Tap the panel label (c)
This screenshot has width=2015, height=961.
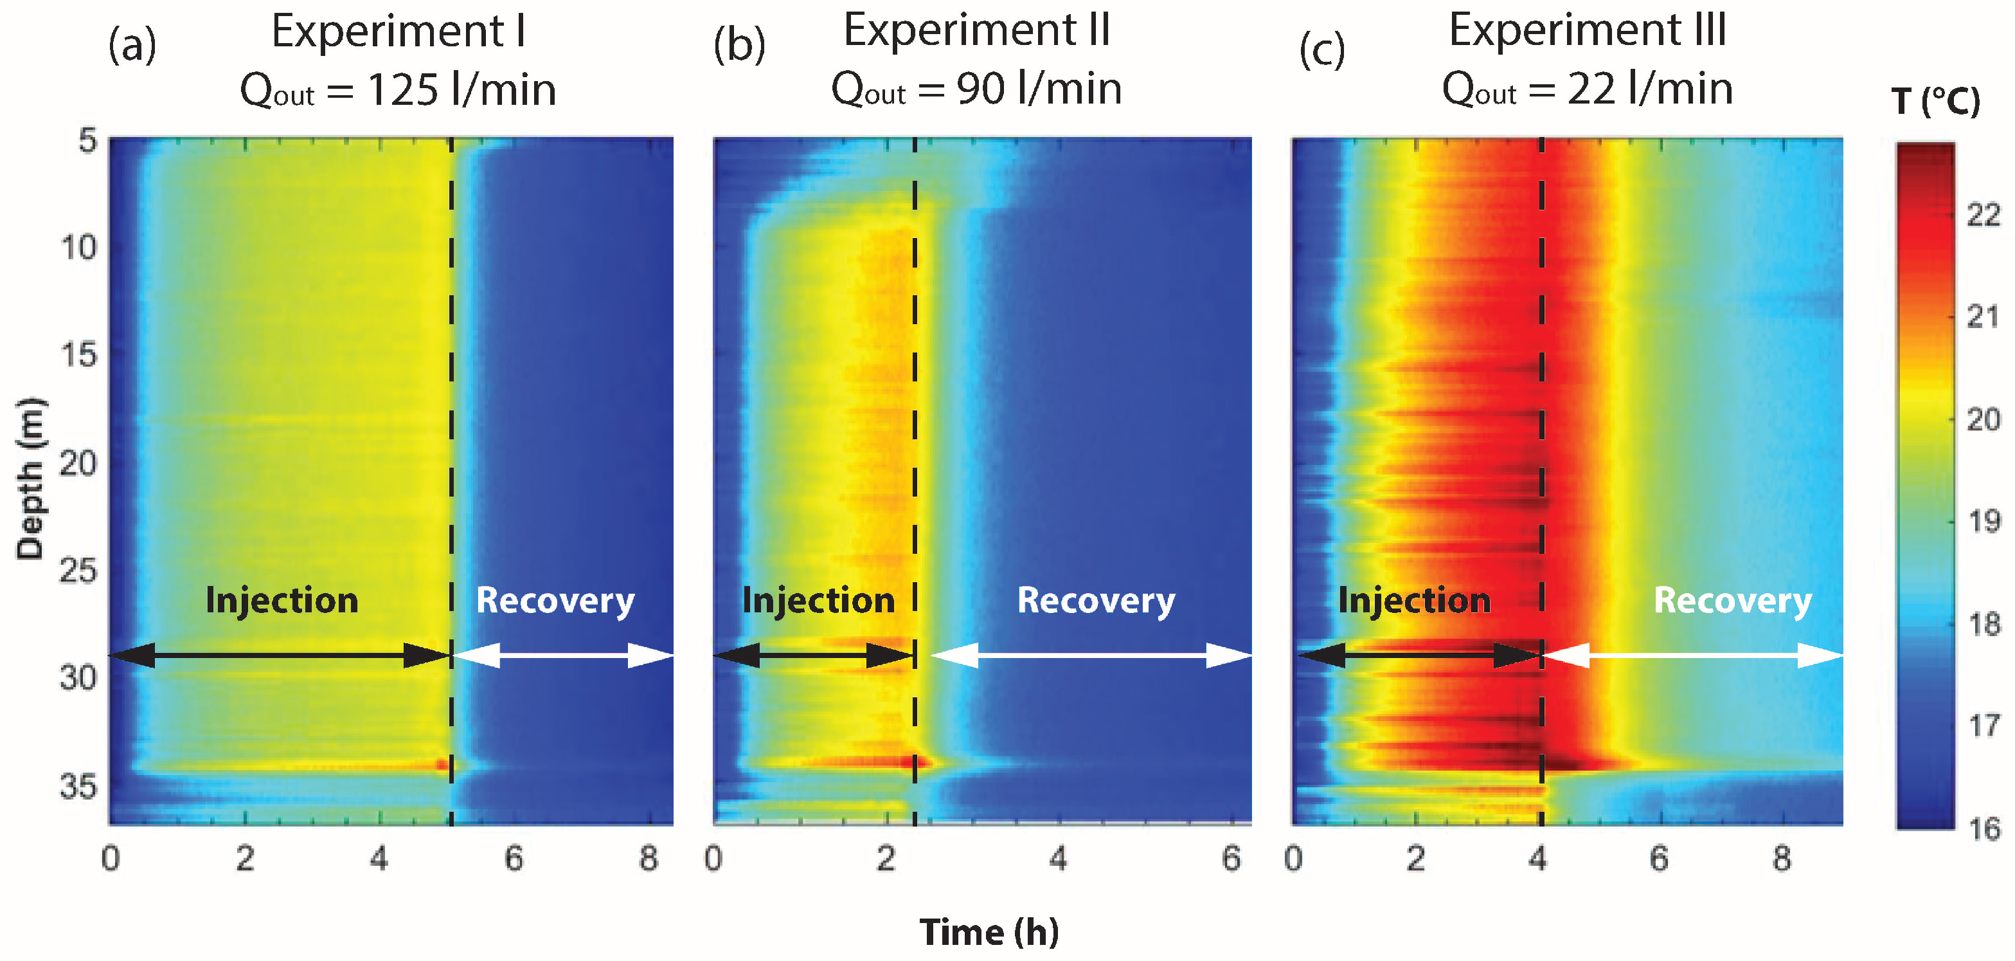(1322, 50)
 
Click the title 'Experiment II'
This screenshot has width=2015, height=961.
(976, 32)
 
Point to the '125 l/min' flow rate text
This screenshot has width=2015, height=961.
(461, 90)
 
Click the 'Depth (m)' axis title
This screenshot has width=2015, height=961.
(31, 479)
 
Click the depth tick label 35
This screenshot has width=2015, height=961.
(78, 785)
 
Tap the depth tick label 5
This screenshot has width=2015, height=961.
(87, 142)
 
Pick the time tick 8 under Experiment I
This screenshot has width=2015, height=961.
(649, 859)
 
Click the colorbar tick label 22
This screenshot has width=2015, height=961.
(1983, 214)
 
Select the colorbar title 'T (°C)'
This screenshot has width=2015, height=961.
(1935, 102)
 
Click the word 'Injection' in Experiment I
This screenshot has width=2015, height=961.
(282, 601)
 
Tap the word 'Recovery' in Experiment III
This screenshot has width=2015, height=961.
(1733, 601)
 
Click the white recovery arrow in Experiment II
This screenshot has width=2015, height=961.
(1091, 655)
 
